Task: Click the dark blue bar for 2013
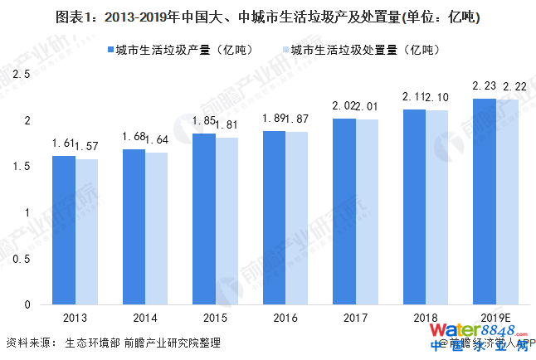coord(63,230)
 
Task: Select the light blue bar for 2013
coord(86,231)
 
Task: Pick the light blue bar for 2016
coord(297,218)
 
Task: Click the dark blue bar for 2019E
coord(485,202)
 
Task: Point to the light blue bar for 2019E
coord(508,202)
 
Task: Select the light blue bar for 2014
coord(157,228)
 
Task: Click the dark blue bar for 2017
coord(344,212)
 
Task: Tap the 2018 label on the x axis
coord(426,318)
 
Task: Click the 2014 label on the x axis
coord(145,318)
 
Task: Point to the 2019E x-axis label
coord(496,318)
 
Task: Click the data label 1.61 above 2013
coord(62,145)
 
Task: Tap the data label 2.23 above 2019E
coord(484,87)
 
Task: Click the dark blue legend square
coord(108,50)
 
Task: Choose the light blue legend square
coord(283,50)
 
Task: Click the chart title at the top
coord(268,17)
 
